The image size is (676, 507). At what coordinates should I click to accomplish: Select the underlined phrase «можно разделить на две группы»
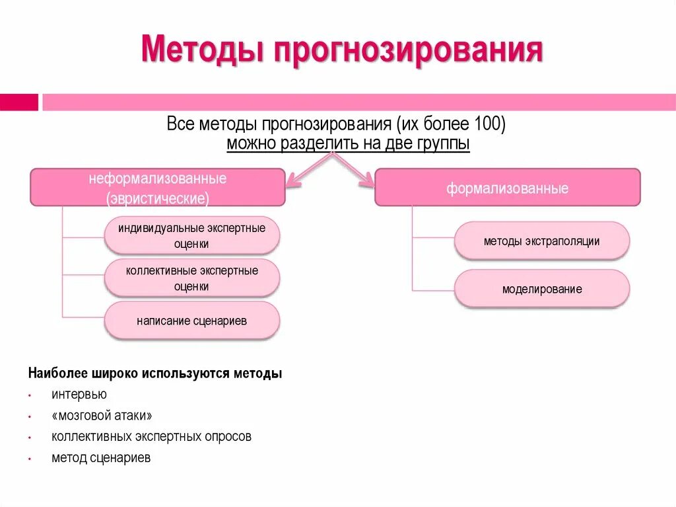click(348, 144)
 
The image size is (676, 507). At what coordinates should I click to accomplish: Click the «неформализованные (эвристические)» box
click(158, 188)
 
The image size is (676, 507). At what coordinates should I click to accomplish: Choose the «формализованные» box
click(507, 188)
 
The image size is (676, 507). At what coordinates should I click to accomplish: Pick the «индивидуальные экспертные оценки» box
click(192, 236)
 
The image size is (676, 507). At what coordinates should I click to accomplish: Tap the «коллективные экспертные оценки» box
click(192, 278)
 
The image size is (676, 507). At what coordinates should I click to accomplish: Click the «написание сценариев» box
click(192, 321)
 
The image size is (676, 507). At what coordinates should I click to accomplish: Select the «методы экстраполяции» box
click(541, 241)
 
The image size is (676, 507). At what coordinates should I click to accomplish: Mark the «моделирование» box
click(541, 289)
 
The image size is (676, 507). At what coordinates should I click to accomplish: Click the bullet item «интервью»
click(79, 395)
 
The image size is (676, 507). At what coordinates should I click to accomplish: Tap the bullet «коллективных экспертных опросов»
click(151, 437)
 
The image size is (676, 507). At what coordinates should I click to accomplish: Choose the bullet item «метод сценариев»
click(101, 457)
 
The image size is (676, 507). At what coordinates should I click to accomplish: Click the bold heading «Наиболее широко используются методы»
click(155, 373)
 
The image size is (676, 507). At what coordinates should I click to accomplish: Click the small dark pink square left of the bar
click(18, 102)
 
